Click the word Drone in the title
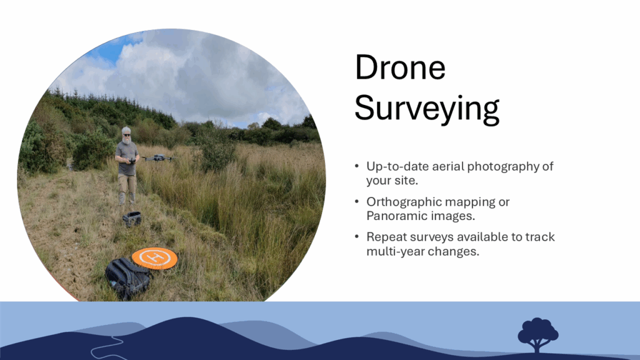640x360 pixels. click(x=400, y=67)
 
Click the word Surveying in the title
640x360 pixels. click(x=427, y=109)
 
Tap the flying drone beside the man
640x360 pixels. click(x=159, y=158)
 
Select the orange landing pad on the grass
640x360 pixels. click(x=154, y=258)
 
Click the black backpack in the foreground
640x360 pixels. click(x=127, y=278)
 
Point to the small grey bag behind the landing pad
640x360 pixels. click(x=132, y=219)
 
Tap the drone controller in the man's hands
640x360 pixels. click(x=131, y=161)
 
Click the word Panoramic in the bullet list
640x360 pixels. click(x=401, y=216)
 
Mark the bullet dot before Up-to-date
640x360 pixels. click(x=357, y=166)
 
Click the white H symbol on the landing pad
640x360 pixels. click(x=154, y=257)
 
